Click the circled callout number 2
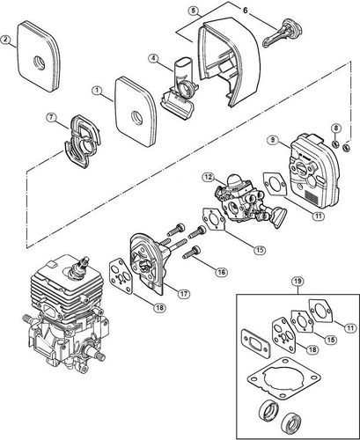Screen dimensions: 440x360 pyautogui.click(x=7, y=40)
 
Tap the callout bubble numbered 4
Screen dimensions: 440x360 pyautogui.click(x=154, y=61)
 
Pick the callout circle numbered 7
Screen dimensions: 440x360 pyautogui.click(x=52, y=118)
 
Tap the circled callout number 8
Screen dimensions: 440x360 pyautogui.click(x=337, y=130)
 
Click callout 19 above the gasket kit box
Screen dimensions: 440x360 pyautogui.click(x=295, y=307)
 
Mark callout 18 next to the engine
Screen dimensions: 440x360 pyautogui.click(x=135, y=306)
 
